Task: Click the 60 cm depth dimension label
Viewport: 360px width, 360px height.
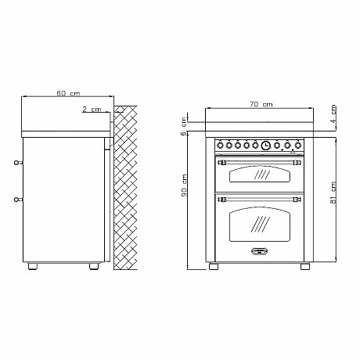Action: (68, 94)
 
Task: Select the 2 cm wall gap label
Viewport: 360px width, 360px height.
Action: (92, 110)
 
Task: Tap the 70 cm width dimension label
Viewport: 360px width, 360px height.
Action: (261, 104)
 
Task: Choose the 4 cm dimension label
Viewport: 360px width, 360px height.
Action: (333, 113)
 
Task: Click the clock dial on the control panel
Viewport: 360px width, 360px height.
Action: (266, 145)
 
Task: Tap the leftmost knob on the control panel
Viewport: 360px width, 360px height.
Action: (219, 145)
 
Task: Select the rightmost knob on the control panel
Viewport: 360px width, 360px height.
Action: (298, 145)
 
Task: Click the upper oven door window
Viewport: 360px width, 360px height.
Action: (258, 177)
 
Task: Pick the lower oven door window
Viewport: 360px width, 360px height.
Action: (258, 227)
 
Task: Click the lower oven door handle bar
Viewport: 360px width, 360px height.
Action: (258, 200)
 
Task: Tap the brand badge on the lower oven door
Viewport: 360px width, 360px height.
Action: (258, 252)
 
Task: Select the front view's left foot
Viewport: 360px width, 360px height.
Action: (213, 267)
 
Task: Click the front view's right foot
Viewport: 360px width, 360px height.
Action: (304, 267)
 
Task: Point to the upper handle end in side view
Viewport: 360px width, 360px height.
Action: (17, 163)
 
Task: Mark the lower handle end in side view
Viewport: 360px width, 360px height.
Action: (17, 200)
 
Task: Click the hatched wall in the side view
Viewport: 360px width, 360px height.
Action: (126, 188)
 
